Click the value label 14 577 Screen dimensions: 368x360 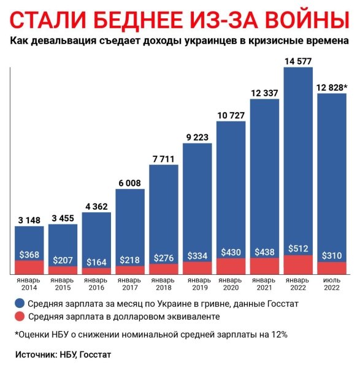click(x=298, y=60)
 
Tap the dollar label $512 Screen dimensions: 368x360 click(x=298, y=248)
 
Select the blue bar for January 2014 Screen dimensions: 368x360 click(x=29, y=239)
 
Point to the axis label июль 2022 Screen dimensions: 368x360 click(x=332, y=284)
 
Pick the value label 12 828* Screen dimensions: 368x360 click(x=332, y=87)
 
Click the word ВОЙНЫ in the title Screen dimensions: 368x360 click(x=303, y=20)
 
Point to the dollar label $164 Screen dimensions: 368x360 click(x=96, y=262)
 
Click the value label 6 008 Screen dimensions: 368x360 click(x=130, y=182)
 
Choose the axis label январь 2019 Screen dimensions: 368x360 click(x=197, y=284)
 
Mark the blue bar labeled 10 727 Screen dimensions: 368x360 click(x=231, y=184)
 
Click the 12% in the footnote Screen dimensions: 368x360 click(x=279, y=334)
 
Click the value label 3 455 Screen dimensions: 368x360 click(x=63, y=218)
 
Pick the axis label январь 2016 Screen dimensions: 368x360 click(x=96, y=284)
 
